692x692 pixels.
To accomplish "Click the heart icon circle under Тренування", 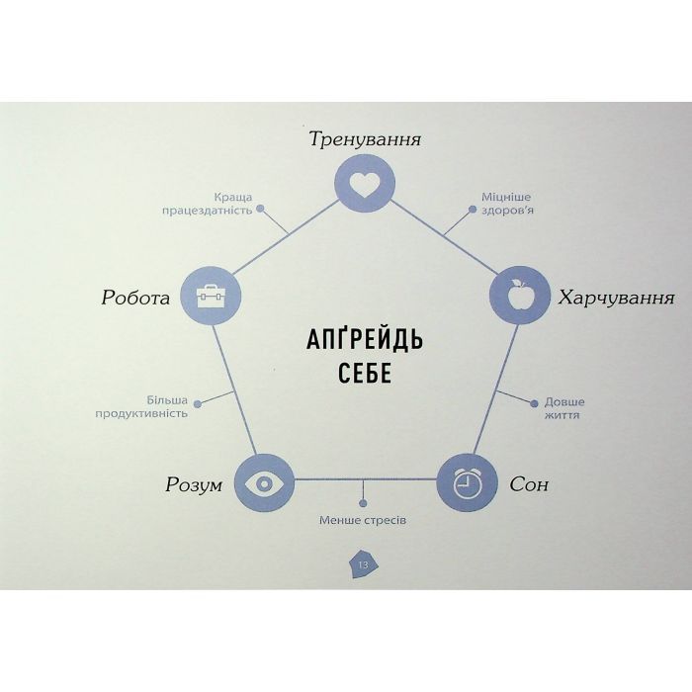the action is coord(365,184).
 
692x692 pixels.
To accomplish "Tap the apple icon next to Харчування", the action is coord(520,296).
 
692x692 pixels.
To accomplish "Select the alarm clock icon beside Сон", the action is coord(467,482).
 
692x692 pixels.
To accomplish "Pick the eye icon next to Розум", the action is coord(264,483).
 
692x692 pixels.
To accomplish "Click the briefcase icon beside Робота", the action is coord(211,296).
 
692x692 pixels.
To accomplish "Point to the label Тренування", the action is coord(365,139).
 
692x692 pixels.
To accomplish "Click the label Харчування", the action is coord(617,299).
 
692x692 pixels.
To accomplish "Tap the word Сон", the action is coord(529,484).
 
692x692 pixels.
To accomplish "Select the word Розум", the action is coord(194,485).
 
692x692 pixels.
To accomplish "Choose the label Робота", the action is coord(135,298).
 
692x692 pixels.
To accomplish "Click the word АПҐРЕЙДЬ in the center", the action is coord(365,339).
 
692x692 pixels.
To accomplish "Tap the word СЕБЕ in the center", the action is coord(365,374).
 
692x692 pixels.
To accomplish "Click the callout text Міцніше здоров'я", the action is coord(507,203).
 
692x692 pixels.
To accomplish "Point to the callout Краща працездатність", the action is coord(207,204).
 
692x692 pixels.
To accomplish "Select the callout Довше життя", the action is coord(564,408).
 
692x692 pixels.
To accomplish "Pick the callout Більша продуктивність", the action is coord(141,407).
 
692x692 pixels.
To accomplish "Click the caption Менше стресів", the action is coord(363,520).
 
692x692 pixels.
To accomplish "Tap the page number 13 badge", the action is coord(364,564).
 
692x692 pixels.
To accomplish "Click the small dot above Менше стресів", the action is coord(363,503).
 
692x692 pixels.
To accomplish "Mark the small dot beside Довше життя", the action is coord(534,403).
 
